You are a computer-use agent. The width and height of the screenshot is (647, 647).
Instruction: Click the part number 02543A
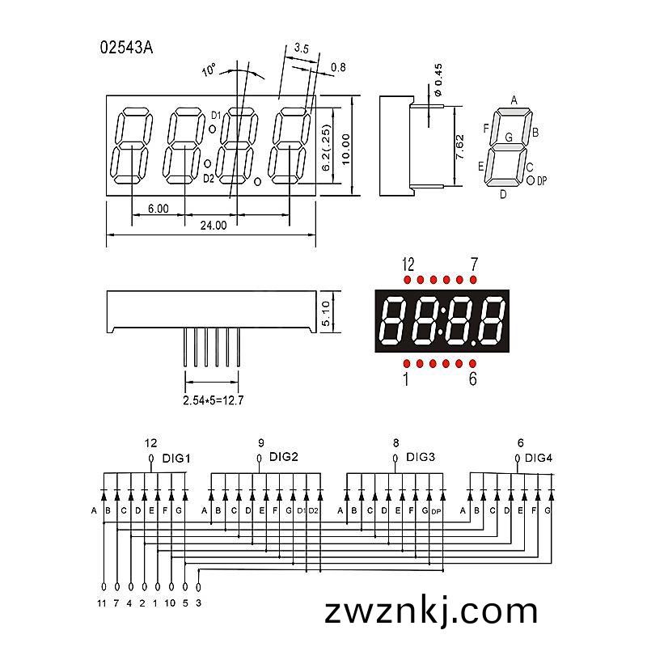coord(126,48)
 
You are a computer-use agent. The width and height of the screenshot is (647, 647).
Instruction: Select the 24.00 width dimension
coord(214,226)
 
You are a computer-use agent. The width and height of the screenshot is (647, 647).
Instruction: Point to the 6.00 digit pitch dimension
coord(159,209)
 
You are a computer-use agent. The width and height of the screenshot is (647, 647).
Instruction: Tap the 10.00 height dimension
coord(346,149)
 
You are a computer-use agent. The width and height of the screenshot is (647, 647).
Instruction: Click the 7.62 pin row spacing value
coord(459,147)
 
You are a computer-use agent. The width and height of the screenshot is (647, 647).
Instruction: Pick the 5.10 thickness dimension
coord(326,313)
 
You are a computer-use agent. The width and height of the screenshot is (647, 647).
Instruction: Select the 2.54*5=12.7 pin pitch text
coord(214,400)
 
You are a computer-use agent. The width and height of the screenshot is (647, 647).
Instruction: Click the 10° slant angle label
coord(209,70)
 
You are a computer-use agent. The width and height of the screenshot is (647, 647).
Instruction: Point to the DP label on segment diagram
coord(542,180)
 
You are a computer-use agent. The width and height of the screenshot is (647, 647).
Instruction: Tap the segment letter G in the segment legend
coord(509,137)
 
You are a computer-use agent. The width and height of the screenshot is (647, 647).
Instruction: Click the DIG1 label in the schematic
coord(176,459)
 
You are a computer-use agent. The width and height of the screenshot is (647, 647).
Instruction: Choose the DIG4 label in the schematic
coord(539,458)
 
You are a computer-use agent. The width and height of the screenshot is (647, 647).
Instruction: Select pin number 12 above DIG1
coord(151,443)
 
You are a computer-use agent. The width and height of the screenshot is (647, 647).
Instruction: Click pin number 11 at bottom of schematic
coord(102,603)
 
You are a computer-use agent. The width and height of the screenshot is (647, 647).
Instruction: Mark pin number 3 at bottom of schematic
coord(198,603)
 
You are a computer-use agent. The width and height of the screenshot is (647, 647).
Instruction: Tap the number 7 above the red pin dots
coord(474,264)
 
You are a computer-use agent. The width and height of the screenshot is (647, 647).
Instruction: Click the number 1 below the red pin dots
coord(406,379)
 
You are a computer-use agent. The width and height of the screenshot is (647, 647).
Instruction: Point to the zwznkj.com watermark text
coord(431,611)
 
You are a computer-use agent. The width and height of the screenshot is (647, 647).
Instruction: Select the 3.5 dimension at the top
coord(301,49)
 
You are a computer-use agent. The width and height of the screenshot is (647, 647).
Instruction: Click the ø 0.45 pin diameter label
coord(438,79)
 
